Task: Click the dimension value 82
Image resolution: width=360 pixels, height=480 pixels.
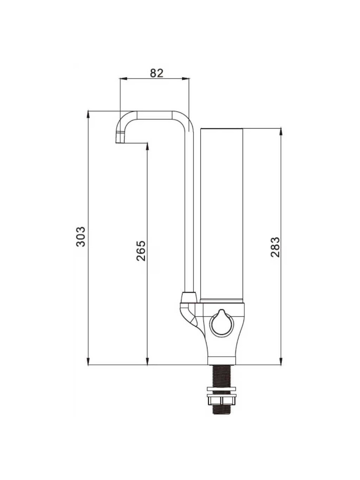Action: coord(156,73)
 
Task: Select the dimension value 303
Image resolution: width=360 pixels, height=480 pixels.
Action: coord(81,237)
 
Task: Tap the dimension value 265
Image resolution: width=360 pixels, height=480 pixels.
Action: coord(141,251)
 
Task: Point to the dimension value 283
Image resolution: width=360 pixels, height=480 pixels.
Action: coord(275,247)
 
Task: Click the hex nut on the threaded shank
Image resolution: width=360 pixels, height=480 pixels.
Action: coord(221,400)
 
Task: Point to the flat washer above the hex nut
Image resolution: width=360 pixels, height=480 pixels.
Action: coord(221,388)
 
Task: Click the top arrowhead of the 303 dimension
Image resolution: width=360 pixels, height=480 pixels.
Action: coord(88,115)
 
